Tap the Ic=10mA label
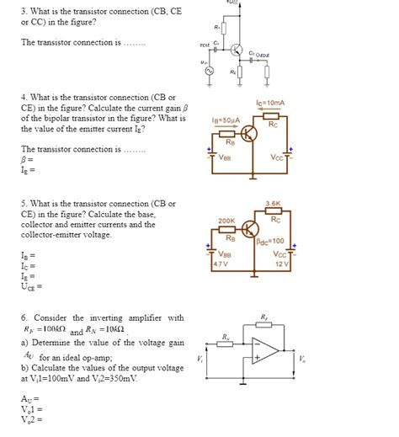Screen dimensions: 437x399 click(269, 104)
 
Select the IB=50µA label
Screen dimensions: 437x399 click(226, 120)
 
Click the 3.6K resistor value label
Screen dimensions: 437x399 click(271, 204)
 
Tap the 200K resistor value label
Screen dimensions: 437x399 click(226, 221)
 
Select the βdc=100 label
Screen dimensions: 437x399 click(271, 242)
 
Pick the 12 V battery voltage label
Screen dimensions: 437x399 click(281, 264)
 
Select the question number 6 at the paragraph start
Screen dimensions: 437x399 click(24, 317)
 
